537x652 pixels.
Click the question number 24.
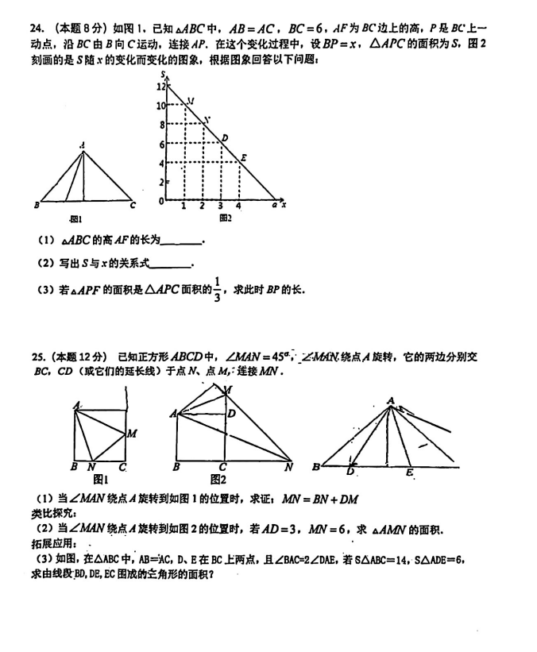pos(36,29)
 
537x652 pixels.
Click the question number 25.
pos(36,357)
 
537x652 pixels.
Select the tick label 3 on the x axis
pos(220,206)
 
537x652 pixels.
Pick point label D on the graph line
pos(225,138)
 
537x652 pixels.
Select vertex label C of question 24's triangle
pos(133,206)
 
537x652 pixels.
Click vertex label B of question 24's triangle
pos(37,206)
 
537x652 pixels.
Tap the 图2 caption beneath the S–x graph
pos(225,217)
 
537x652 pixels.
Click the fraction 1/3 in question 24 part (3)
pos(218,288)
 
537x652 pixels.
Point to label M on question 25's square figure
pos(132,433)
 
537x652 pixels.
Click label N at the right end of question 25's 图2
pos(288,468)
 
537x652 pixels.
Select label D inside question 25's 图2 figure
pos(231,413)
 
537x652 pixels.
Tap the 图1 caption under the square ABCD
pos(100,479)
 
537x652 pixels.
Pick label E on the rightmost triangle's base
pos(408,473)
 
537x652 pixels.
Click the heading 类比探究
pos(48,513)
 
